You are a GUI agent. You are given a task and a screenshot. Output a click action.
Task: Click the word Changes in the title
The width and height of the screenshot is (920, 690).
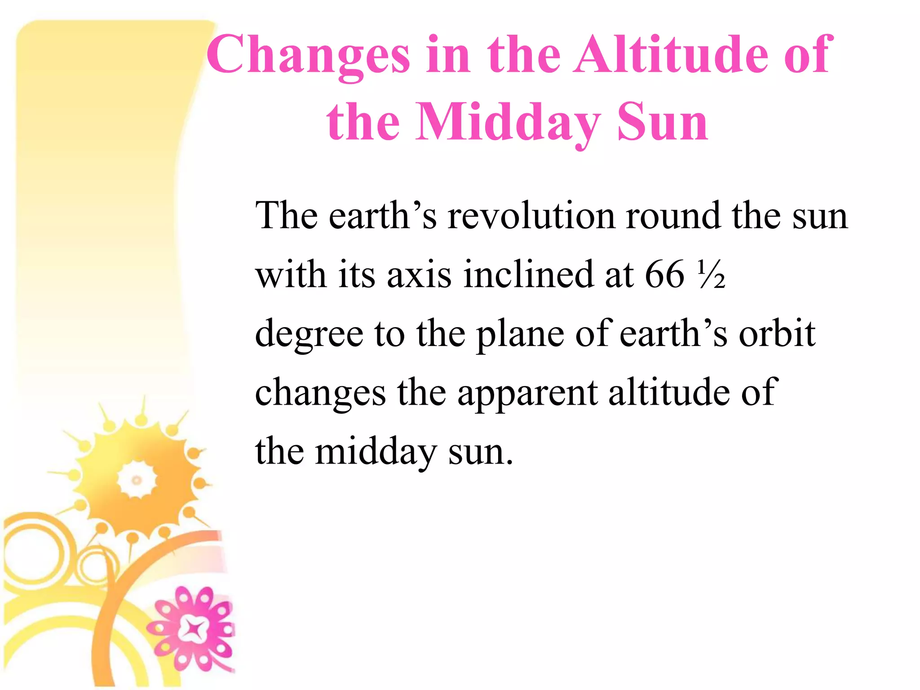[308, 56]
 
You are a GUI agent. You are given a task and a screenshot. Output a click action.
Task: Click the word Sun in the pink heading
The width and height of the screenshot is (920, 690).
[662, 122]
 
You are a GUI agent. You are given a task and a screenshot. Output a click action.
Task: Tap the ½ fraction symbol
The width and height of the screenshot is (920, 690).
[712, 274]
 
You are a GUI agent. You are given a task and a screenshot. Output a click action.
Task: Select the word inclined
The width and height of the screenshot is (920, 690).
[528, 274]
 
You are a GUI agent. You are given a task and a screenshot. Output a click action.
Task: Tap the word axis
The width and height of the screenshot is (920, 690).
[419, 274]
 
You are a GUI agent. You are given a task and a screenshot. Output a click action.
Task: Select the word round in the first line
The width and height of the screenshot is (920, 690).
[673, 216]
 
